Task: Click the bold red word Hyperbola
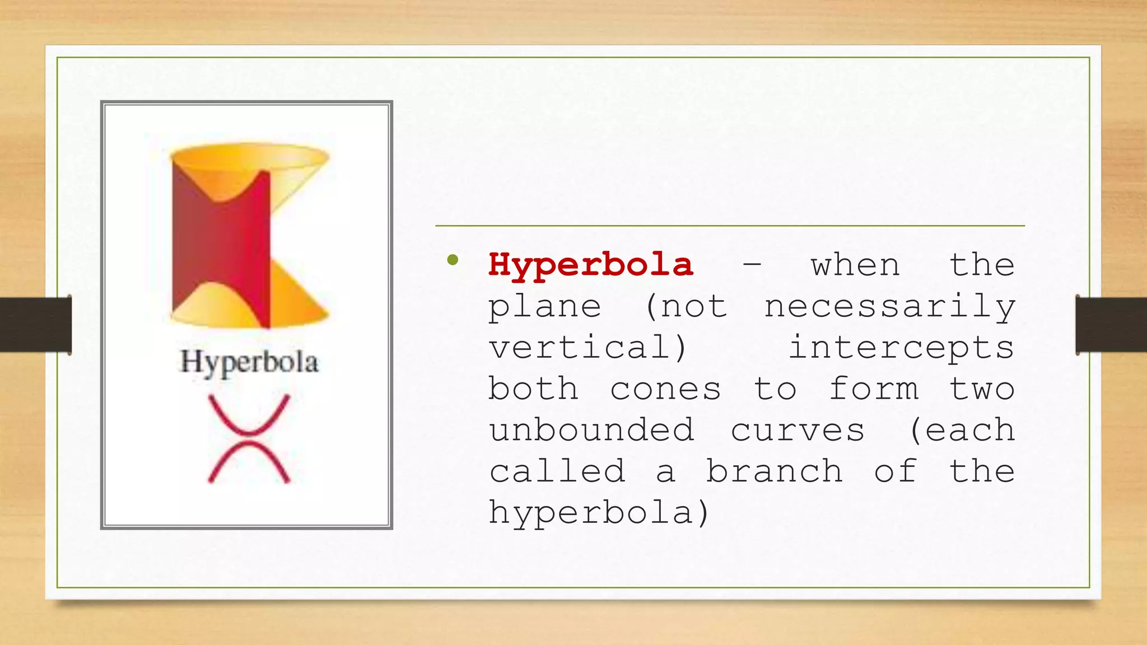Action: tap(590, 265)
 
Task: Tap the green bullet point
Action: tap(453, 260)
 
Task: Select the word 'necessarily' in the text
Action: tap(890, 307)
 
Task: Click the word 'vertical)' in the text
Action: tap(588, 348)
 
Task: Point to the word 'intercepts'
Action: tap(902, 348)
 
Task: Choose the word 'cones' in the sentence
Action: tap(665, 389)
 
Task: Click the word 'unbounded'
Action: tap(591, 430)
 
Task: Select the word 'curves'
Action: tap(798, 430)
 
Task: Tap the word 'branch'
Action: tap(774, 471)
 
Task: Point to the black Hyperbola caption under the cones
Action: tap(249, 362)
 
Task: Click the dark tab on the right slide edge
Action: tap(1111, 324)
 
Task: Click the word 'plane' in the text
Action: tap(545, 307)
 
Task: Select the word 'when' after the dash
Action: tap(855, 265)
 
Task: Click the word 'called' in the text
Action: tap(557, 471)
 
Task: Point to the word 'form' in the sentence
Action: tap(874, 389)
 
